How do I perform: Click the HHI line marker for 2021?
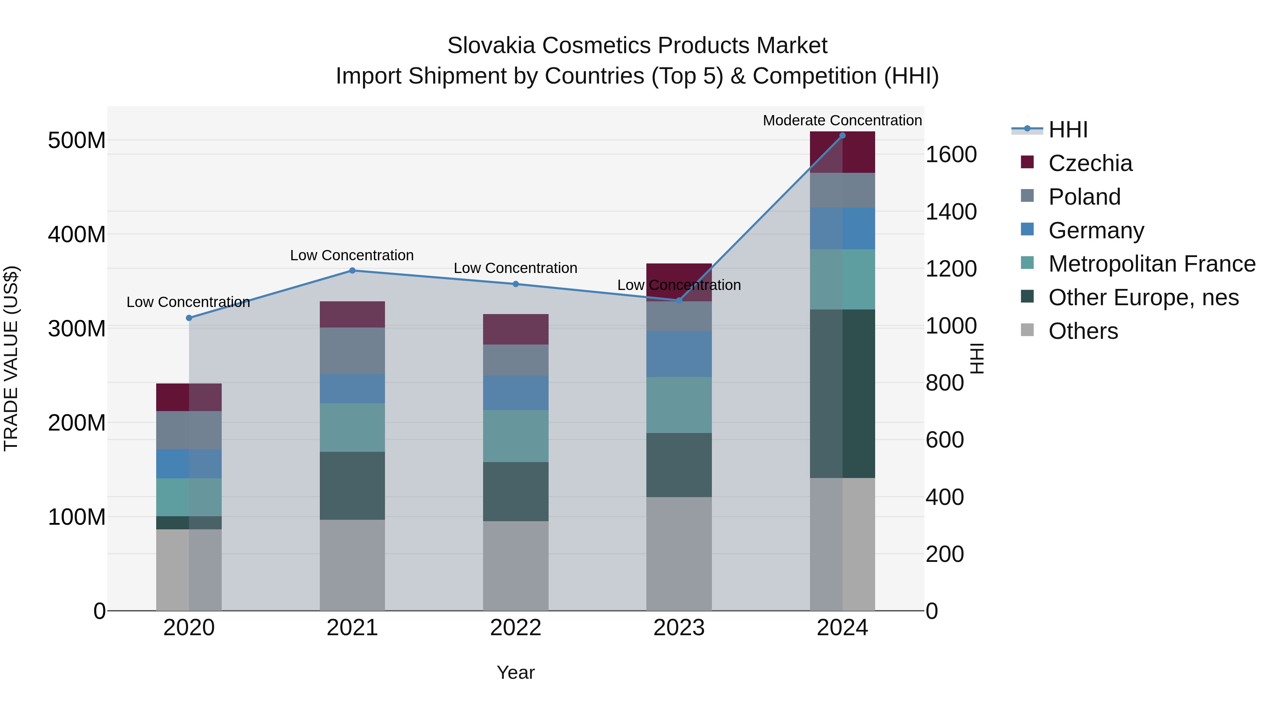(x=352, y=271)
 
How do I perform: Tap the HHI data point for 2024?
(x=843, y=136)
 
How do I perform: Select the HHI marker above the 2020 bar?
(x=189, y=318)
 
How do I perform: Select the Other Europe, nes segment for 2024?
(x=843, y=393)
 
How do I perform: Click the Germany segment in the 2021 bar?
(x=352, y=388)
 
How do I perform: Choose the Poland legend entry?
(x=1084, y=197)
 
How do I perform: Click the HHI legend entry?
(x=1067, y=130)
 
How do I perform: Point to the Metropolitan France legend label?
(x=1152, y=264)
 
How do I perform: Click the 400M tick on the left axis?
(x=77, y=234)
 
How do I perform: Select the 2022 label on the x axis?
(x=516, y=628)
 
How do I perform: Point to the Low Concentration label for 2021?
(x=352, y=255)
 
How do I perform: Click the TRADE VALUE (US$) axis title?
(x=11, y=358)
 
